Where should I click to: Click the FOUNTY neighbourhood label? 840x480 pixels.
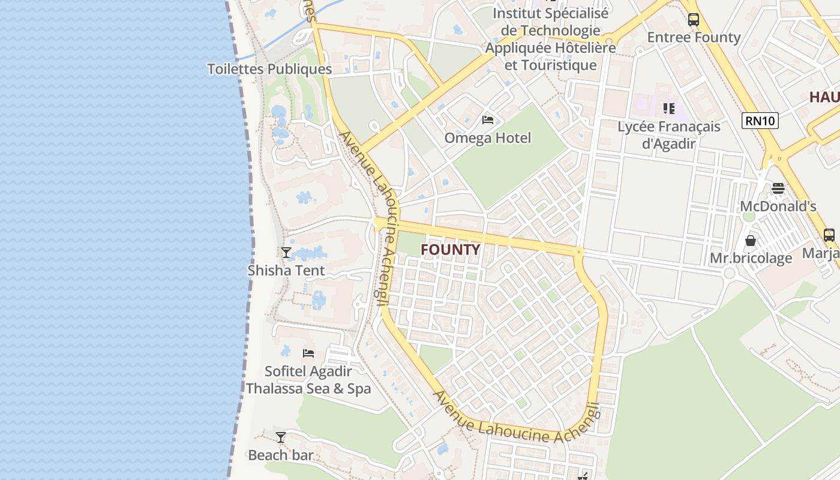[x=451, y=250]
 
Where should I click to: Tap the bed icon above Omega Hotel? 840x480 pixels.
[x=488, y=120]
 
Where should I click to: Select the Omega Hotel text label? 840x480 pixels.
[x=488, y=138]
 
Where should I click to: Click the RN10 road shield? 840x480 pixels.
[x=760, y=121]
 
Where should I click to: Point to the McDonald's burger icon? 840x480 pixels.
[x=778, y=188]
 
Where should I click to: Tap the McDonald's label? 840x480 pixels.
[x=778, y=206]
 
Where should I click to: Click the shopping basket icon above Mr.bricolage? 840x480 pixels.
[x=751, y=241]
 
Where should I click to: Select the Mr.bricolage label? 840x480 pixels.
[x=751, y=259]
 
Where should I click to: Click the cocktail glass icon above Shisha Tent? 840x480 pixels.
[x=286, y=253]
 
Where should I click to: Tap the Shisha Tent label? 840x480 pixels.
[x=286, y=271]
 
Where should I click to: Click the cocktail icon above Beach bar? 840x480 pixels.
[x=280, y=437]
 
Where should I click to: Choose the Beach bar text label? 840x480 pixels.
[x=280, y=455]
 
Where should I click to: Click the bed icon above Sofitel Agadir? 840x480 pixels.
[x=308, y=353]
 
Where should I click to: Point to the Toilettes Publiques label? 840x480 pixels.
[x=269, y=69]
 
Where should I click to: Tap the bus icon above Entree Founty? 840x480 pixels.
[x=694, y=19]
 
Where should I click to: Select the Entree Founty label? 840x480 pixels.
[x=694, y=37]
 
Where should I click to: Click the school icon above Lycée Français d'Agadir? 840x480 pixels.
[x=668, y=109]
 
